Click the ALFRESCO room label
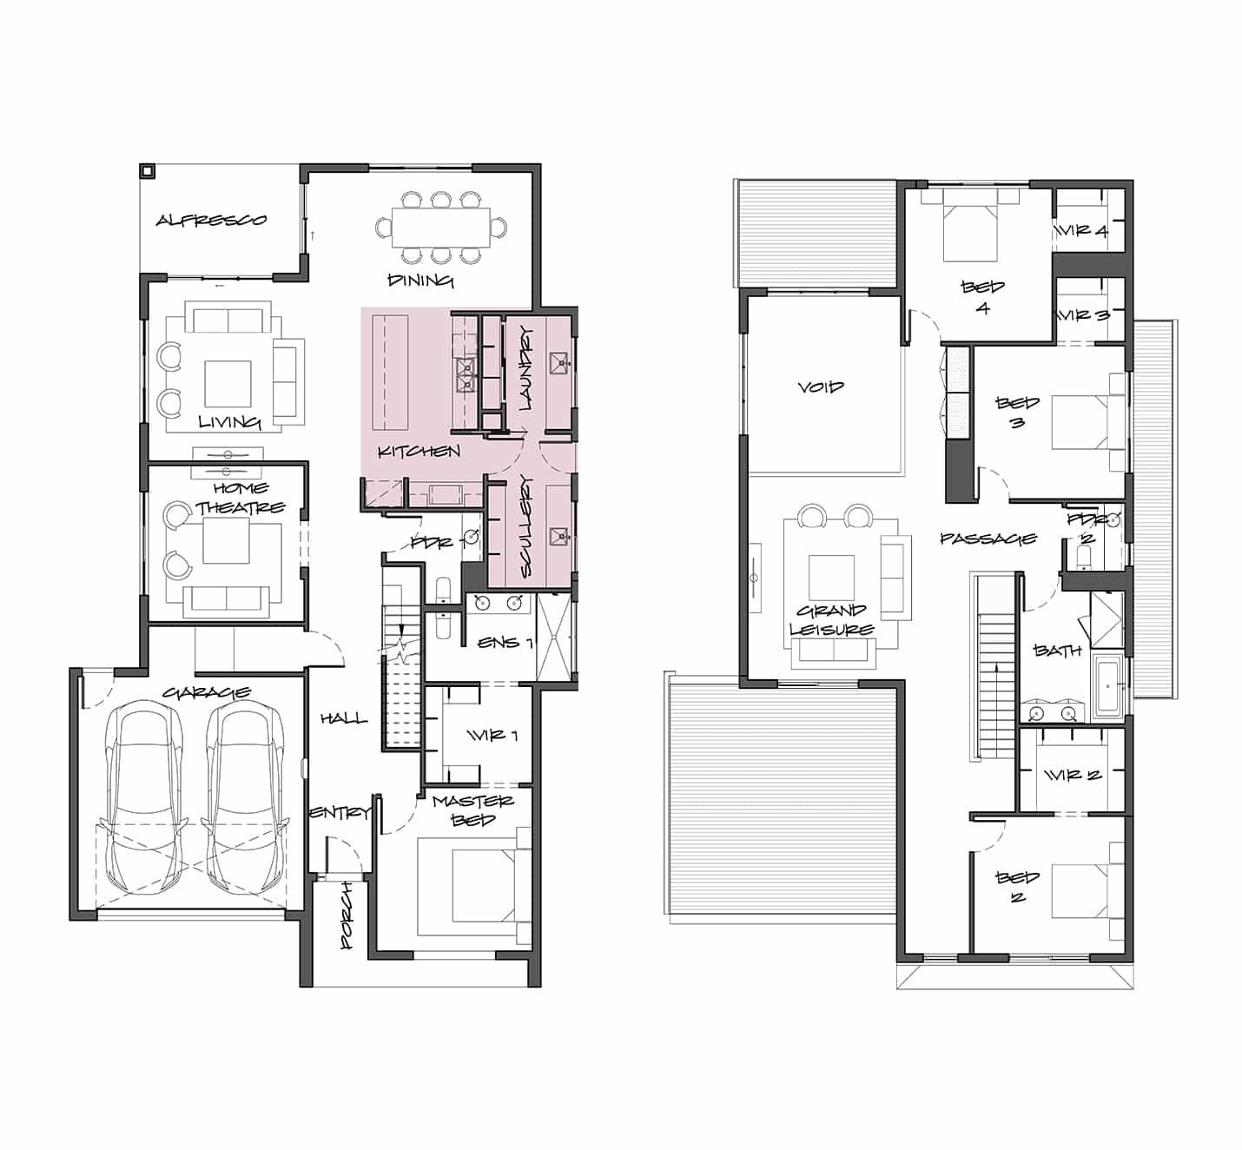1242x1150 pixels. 211,221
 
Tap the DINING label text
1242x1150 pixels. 420,281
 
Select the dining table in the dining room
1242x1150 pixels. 441,227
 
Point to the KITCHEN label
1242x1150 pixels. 419,451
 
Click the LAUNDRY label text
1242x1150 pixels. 526,368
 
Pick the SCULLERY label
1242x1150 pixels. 526,525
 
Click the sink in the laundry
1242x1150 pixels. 558,363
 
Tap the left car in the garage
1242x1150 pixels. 144,797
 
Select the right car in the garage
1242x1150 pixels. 245,797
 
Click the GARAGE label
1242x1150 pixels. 207,692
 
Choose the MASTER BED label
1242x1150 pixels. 473,810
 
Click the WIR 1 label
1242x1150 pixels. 492,735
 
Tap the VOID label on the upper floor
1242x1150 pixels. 821,387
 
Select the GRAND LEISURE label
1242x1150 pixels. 832,619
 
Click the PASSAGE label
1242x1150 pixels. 988,538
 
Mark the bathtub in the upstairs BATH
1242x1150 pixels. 1109,685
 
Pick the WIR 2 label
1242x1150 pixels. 1073,776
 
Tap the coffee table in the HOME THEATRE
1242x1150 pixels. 226,540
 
